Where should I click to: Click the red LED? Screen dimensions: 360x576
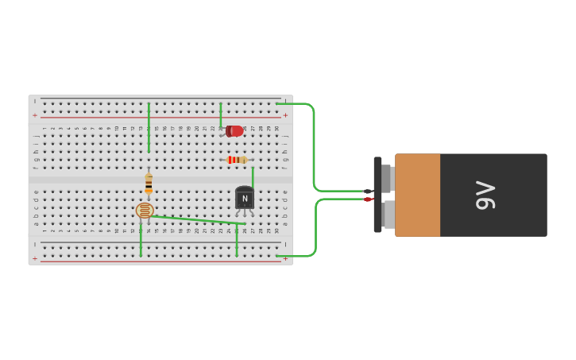234,131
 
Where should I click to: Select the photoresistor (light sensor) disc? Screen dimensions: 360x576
145,211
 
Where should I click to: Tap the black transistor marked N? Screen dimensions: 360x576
245,198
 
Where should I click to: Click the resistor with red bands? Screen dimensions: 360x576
236,160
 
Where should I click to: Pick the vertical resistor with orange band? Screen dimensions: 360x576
149,184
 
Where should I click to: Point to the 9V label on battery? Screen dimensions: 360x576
485,195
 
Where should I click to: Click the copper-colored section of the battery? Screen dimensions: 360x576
417,195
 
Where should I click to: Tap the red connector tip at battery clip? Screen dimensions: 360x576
368,199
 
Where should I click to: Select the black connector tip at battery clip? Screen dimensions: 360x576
368,191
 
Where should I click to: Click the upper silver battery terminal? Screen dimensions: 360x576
388,178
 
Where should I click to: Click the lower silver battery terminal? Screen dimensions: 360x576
389,214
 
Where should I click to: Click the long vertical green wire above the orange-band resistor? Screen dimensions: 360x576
149,127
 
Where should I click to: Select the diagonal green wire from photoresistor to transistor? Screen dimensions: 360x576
195,219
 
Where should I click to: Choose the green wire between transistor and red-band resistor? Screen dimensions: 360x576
253,176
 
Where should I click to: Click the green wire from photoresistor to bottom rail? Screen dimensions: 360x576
141,240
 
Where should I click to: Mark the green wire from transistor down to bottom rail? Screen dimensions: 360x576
237,240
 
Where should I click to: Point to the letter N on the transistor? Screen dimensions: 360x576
245,199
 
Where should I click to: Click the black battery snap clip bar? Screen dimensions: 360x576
377,195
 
